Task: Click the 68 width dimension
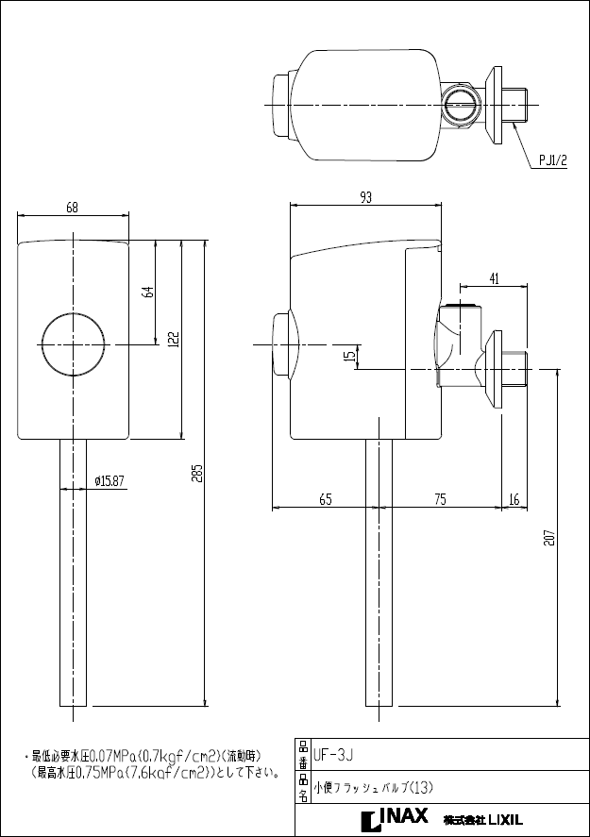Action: (73, 208)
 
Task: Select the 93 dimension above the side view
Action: (366, 196)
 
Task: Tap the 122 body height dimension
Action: (174, 340)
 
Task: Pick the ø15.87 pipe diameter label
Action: (110, 481)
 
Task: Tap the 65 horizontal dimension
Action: (325, 500)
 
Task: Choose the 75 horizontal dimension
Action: (440, 500)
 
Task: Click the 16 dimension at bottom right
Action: (514, 500)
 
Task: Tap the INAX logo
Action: (394, 817)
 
